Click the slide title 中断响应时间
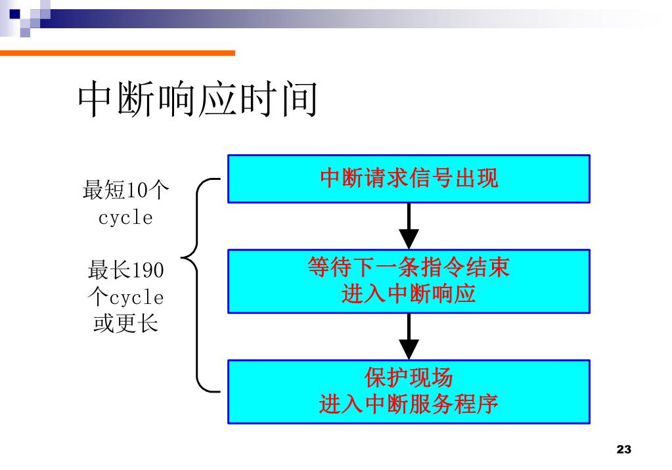point(198,100)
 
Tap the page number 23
point(624,450)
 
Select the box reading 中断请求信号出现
point(409,179)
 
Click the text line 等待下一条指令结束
point(409,267)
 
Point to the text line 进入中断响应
point(409,293)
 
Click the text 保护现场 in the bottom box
point(409,377)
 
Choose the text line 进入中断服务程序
point(409,404)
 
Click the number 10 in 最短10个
point(137,191)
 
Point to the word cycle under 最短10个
point(125,218)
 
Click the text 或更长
point(125,324)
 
